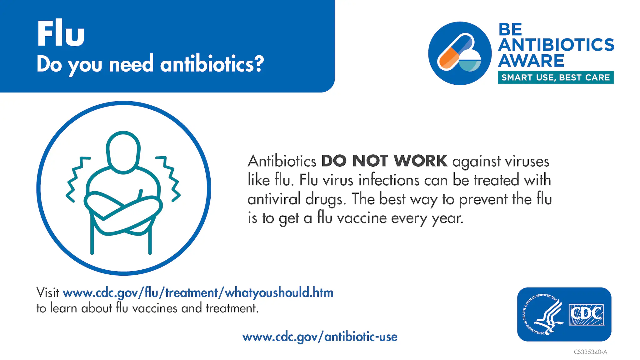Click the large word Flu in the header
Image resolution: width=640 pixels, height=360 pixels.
61,33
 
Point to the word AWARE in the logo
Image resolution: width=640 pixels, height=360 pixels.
531,61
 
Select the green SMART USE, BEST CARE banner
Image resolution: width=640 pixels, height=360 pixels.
556,77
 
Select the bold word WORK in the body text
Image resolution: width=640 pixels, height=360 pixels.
420,161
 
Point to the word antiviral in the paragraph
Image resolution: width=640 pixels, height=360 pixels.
274,199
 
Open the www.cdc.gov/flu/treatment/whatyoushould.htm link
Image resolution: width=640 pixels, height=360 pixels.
198,293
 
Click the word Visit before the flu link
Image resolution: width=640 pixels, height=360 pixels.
47,293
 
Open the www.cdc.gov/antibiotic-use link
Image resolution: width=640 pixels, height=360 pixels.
320,337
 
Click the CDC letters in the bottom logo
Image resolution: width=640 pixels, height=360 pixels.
586,314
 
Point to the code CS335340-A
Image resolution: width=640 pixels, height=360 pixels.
590,352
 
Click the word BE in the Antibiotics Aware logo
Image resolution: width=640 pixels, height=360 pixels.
510,30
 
